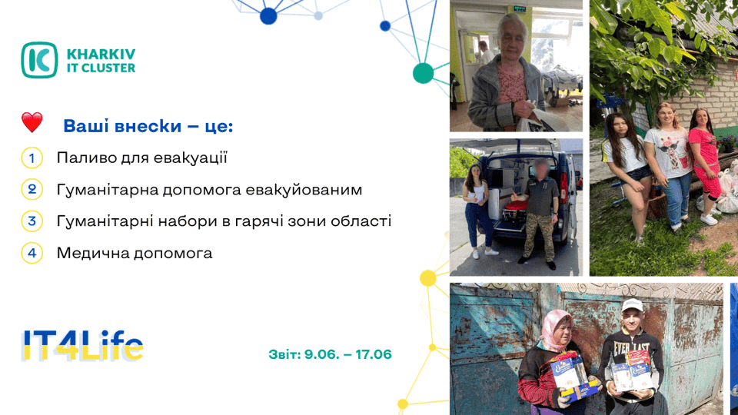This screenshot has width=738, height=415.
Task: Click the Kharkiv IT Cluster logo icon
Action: [x=39, y=60]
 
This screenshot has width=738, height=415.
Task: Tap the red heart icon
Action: [x=32, y=122]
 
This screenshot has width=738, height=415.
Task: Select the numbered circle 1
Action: [x=32, y=158]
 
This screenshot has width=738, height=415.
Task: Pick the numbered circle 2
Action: [x=32, y=190]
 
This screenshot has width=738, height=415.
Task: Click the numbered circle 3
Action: [x=32, y=221]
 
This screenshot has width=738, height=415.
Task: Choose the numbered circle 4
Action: [x=32, y=253]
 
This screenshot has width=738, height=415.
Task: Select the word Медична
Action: [x=93, y=254]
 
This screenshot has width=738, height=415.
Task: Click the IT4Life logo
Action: [x=82, y=347]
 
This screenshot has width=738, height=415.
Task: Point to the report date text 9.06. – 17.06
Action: [x=347, y=354]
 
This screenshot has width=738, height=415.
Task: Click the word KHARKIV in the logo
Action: [x=101, y=54]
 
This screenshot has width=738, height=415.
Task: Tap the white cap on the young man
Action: [x=632, y=305]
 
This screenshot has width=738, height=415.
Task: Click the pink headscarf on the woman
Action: [x=556, y=327]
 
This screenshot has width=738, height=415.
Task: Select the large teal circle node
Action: [x=423, y=74]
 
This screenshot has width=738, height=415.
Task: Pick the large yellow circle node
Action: [x=428, y=278]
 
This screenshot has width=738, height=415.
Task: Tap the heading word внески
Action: [x=155, y=126]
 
